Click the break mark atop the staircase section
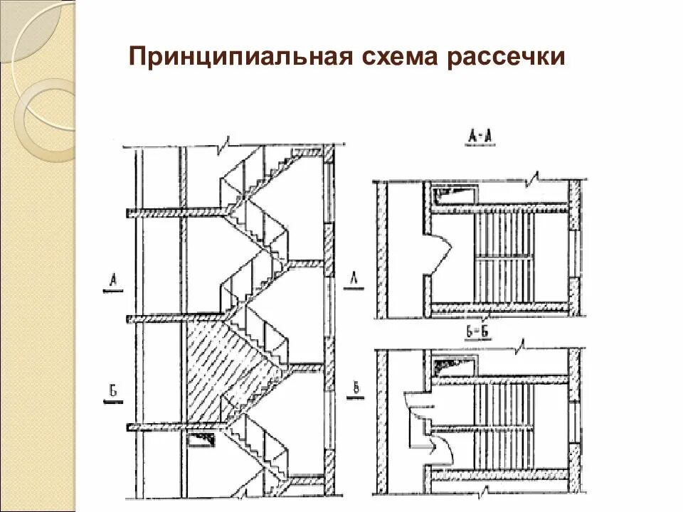tap(223, 146)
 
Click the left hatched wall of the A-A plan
tap(381, 249)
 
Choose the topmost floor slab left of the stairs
tap(178, 212)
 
